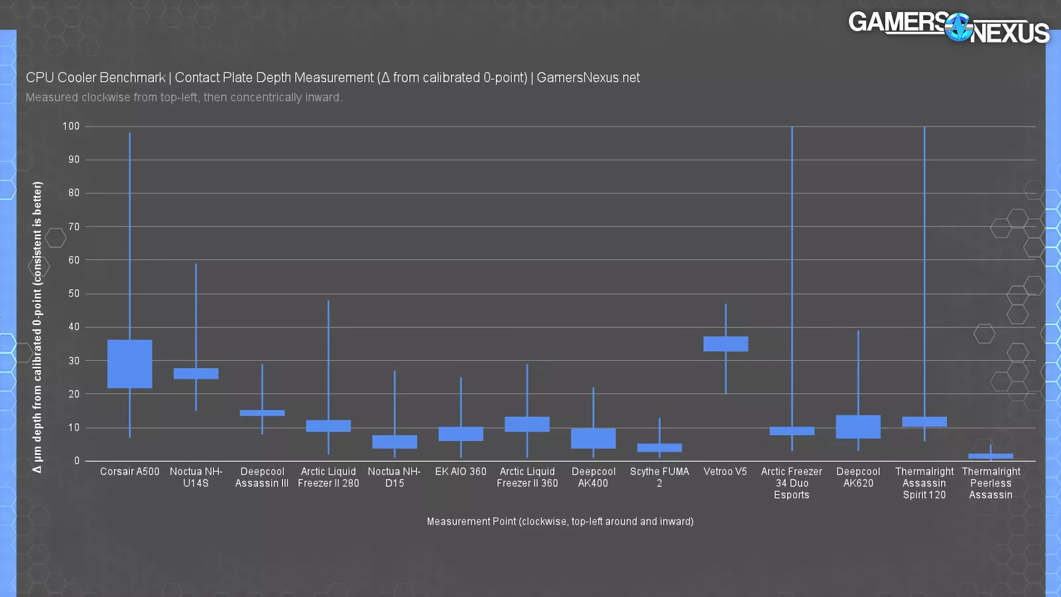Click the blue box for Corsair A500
tap(129, 364)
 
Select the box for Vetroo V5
tap(725, 344)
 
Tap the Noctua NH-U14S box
tap(196, 373)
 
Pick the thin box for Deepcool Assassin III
tap(262, 413)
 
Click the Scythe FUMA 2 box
tap(659, 448)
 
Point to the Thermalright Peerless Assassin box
tap(991, 456)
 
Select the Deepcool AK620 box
tap(858, 427)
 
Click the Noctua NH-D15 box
tap(395, 442)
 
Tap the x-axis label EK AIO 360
tap(461, 472)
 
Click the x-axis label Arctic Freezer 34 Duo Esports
tap(792, 483)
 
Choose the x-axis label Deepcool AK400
tap(593, 477)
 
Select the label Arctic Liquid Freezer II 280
tap(328, 477)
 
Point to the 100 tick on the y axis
tap(71, 126)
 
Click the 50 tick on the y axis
tap(74, 293)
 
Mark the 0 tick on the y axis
tap(77, 460)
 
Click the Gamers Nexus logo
tap(948, 28)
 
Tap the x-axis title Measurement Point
tap(560, 521)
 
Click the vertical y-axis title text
tap(37, 327)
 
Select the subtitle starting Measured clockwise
tap(184, 98)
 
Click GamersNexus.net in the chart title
tap(588, 78)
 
